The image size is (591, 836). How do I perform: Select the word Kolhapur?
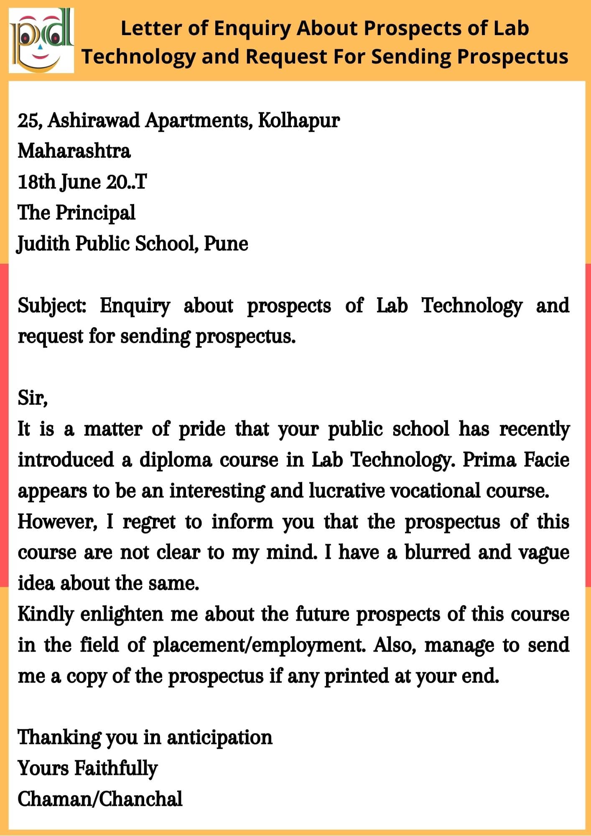[x=298, y=121]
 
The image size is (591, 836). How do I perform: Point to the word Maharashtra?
[x=74, y=151]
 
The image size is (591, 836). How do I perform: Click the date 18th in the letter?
[x=36, y=182]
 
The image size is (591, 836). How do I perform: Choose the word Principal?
[x=95, y=213]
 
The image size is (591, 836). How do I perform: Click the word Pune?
[x=226, y=244]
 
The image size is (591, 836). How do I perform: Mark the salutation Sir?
[x=33, y=398]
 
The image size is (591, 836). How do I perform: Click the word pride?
[x=202, y=429]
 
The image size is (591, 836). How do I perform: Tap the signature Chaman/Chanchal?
[x=100, y=799]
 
